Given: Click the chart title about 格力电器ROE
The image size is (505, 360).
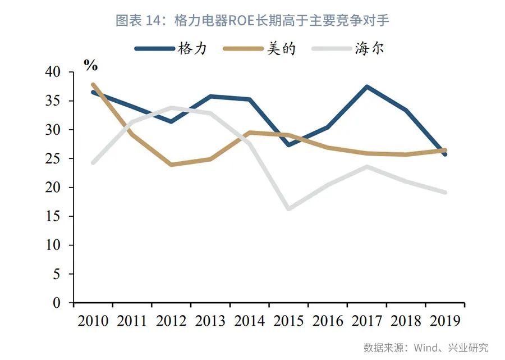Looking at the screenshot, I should click(252, 21).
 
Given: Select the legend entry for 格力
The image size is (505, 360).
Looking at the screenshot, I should click(171, 49).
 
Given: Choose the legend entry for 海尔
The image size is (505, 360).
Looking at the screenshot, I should click(347, 49).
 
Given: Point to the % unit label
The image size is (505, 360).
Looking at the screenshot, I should click(90, 65).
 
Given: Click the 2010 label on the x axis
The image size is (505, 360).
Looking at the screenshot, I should click(93, 321).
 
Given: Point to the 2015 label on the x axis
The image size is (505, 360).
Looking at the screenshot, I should click(288, 321).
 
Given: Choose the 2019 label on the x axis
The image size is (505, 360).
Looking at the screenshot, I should click(444, 321).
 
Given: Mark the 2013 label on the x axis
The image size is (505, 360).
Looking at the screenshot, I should click(210, 321).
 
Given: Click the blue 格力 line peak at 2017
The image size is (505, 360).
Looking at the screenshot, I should click(367, 87).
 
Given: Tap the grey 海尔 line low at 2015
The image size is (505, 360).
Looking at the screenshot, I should click(288, 209).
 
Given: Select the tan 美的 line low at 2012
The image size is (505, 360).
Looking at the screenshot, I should click(171, 165).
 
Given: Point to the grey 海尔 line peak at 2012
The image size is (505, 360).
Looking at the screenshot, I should click(171, 108).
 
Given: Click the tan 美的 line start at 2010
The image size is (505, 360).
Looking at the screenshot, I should click(93, 85).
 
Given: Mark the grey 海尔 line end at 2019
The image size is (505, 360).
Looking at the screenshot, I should click(444, 193).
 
